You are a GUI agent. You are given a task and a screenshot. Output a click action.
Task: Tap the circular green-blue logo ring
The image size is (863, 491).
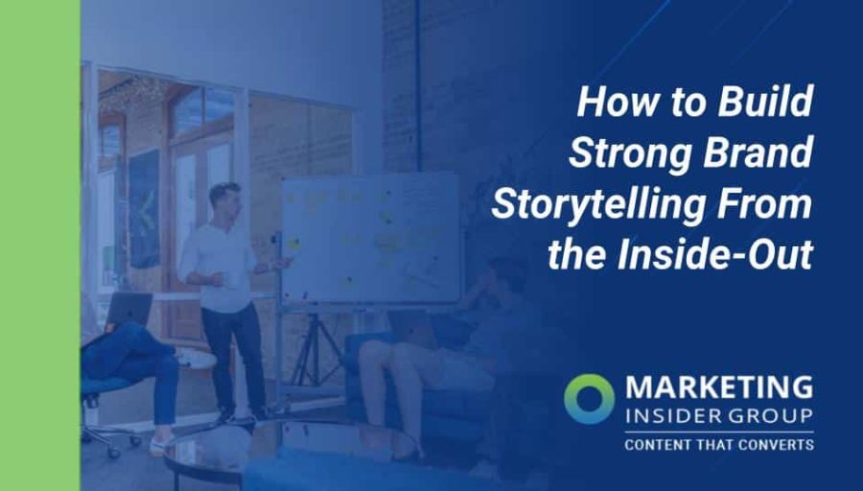(589, 398)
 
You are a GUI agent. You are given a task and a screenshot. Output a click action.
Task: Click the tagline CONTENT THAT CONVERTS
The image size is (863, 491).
(718, 445)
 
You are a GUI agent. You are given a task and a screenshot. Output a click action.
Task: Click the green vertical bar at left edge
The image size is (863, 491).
(39, 245)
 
